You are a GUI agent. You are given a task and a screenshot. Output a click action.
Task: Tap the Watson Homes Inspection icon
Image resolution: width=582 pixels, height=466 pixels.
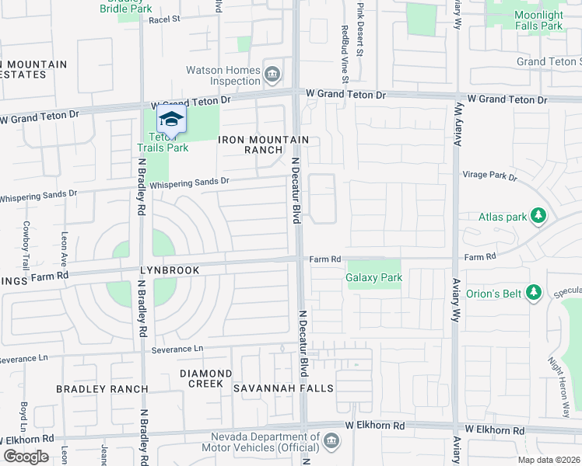coord(273,75)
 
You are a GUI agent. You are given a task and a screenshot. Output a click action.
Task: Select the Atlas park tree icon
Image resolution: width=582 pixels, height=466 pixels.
coord(535,216)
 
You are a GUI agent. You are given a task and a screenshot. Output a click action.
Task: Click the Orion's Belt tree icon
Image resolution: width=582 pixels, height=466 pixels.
coord(533,292)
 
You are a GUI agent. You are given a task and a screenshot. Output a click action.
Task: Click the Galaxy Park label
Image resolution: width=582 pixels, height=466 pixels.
coord(374,277)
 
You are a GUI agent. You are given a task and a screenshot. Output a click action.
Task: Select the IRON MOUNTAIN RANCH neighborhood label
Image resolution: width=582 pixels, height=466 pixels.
coord(263,144)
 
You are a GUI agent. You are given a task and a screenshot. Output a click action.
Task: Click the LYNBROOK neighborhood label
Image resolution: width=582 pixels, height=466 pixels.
coord(170,270)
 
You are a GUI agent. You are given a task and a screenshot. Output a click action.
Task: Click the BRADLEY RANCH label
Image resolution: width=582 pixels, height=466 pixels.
coord(102,388)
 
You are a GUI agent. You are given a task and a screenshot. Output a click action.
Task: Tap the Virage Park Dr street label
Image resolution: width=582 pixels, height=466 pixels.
coord(489,176)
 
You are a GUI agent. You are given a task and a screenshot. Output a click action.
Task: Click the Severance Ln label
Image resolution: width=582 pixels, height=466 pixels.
coord(176,349)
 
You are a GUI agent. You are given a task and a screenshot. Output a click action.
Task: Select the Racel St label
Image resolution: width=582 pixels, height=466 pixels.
coord(164,19)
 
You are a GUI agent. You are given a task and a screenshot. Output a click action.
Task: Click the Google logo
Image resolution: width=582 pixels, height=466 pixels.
coord(26,457)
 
